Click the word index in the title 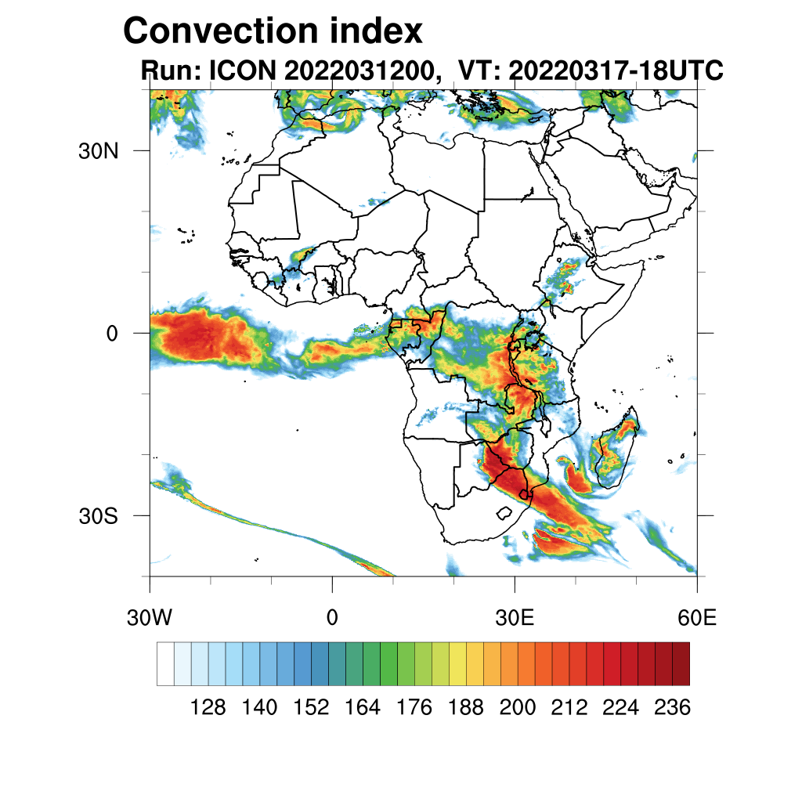tap(369, 31)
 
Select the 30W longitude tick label tap(150, 618)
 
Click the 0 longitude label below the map tap(332, 618)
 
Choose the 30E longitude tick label tap(515, 618)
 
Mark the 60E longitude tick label tap(697, 618)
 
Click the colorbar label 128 tap(208, 707)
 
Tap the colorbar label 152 tap(312, 707)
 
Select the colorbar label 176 tap(414, 707)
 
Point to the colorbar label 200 tap(518, 707)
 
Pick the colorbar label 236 tap(672, 707)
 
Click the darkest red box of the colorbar tap(681, 663)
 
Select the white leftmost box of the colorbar tap(165, 663)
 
